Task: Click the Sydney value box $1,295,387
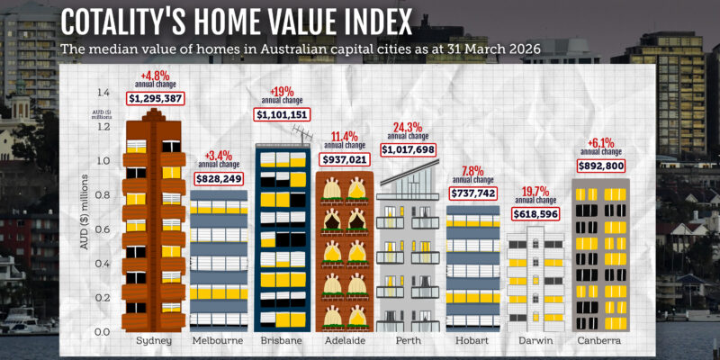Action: pyautogui.click(x=155, y=96)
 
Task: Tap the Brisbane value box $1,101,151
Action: pyautogui.click(x=283, y=114)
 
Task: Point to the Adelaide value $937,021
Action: pyautogui.click(x=345, y=159)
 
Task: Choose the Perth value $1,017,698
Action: pyautogui.click(x=408, y=149)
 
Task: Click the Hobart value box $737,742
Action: pyautogui.click(x=472, y=193)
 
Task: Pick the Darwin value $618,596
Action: pyautogui.click(x=535, y=214)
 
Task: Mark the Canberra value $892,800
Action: pyautogui.click(x=599, y=165)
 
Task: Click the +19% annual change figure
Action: pyautogui.click(x=283, y=91)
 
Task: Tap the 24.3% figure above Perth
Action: pyautogui.click(x=408, y=126)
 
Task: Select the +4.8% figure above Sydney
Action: pyautogui.click(x=155, y=75)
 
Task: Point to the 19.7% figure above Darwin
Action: pyautogui.click(x=535, y=191)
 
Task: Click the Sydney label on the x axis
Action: pyautogui.click(x=154, y=342)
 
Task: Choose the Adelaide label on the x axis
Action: pyautogui.click(x=345, y=342)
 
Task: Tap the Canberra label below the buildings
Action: pyautogui.click(x=599, y=342)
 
